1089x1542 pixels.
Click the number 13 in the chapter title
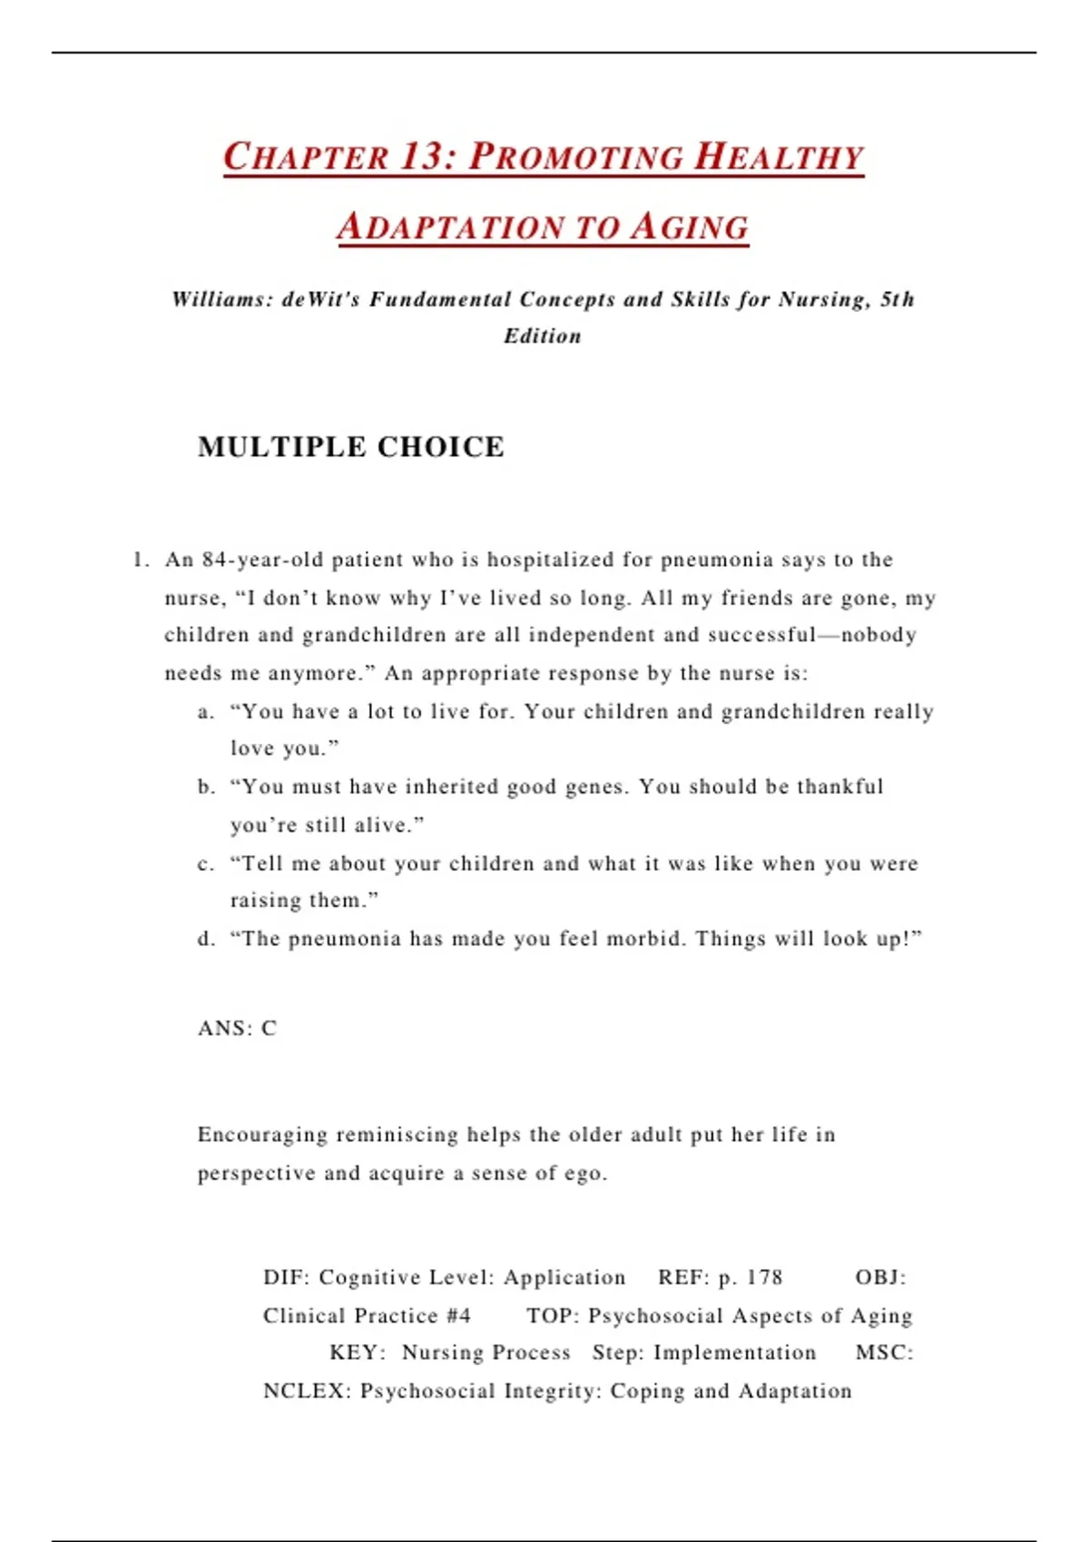tap(422, 156)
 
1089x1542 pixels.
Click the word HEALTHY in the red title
tap(779, 156)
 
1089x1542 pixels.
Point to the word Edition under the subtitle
tap(543, 336)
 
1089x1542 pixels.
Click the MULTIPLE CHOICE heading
tap(350, 446)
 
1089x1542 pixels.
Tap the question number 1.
tap(139, 560)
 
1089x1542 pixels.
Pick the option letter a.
tap(205, 712)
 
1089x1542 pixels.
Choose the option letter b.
tap(205, 786)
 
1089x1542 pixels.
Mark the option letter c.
tap(205, 864)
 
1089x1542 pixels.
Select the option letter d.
tap(205, 939)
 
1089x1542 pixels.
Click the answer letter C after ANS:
tap(269, 1028)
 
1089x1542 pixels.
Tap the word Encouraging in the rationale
tap(262, 1135)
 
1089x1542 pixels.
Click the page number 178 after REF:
tap(764, 1277)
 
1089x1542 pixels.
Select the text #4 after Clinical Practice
tap(458, 1315)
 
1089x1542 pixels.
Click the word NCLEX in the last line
tap(305, 1391)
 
